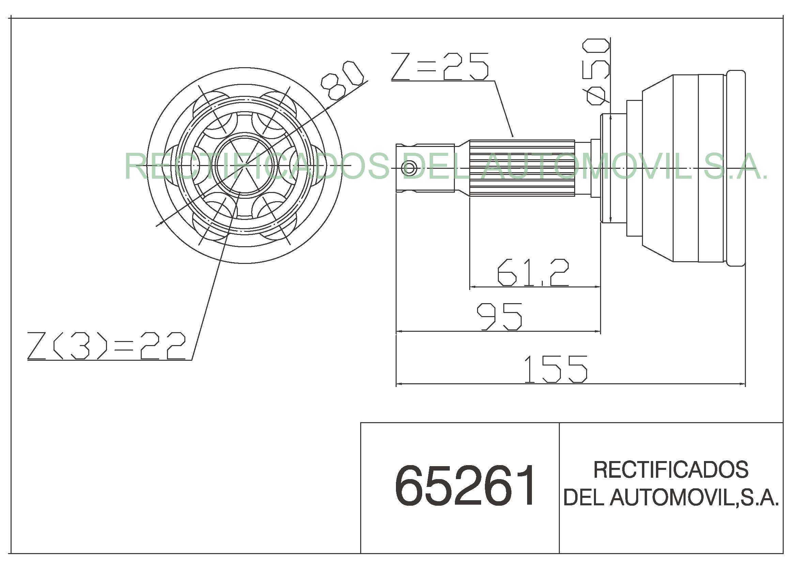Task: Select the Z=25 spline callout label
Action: (x=440, y=66)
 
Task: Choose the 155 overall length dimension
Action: (x=555, y=369)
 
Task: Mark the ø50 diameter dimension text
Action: (x=597, y=71)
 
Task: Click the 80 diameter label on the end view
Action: (x=342, y=81)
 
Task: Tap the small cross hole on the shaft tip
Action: (x=409, y=169)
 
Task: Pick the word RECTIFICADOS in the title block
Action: (x=671, y=470)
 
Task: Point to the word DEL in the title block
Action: (x=583, y=497)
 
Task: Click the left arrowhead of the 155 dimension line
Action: (x=399, y=384)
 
